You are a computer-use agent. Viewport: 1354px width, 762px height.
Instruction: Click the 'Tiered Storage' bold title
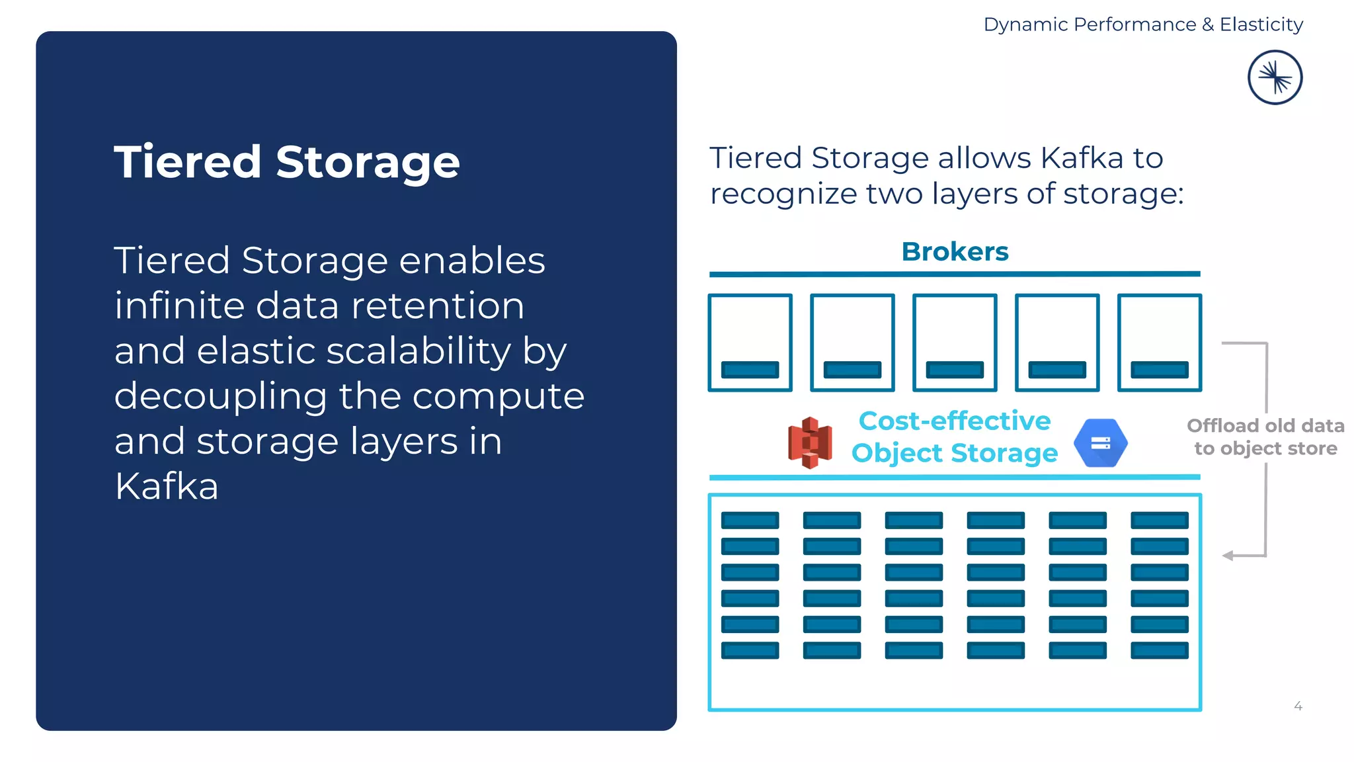tap(286, 162)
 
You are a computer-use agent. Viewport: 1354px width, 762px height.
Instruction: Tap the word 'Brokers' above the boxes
tap(955, 251)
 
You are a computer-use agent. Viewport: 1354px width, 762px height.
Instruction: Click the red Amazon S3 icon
tap(810, 443)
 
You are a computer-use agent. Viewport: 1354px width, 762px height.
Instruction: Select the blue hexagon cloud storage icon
tap(1100, 443)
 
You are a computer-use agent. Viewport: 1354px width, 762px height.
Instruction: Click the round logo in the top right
tap(1275, 77)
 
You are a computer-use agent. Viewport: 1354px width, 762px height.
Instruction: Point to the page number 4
tap(1298, 706)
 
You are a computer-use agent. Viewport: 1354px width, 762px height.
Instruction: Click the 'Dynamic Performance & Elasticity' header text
tap(1143, 24)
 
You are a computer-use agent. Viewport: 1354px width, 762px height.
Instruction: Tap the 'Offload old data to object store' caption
tap(1265, 437)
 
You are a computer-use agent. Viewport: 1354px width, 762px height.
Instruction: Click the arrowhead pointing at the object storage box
tap(1228, 556)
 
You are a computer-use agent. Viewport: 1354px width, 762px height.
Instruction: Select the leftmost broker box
tap(750, 343)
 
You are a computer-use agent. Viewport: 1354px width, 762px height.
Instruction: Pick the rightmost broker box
tap(1159, 343)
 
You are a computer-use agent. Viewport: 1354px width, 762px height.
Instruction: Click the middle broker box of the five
tap(955, 343)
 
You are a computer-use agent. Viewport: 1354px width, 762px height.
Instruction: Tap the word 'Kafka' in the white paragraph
tap(166, 486)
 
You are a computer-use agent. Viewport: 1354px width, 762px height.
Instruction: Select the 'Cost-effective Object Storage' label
tap(954, 437)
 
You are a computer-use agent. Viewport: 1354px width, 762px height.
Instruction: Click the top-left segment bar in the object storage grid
tap(750, 521)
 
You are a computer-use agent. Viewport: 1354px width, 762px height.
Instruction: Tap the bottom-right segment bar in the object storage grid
tap(1159, 650)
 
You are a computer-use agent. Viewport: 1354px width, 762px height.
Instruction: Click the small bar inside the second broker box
tap(852, 369)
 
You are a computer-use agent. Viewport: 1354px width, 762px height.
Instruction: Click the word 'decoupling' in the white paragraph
tap(220, 396)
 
